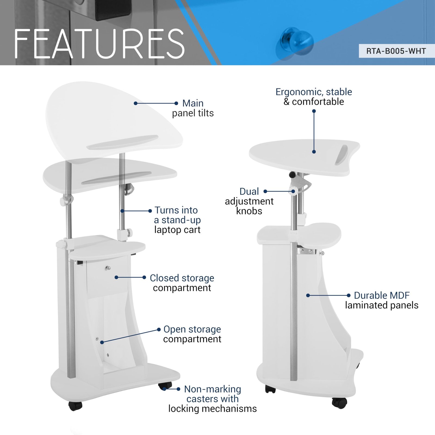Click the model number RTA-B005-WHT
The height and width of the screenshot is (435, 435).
click(x=396, y=51)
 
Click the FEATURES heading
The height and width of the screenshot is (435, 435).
click(x=100, y=44)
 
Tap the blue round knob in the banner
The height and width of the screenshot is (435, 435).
click(x=295, y=41)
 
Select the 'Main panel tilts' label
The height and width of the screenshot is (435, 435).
click(x=193, y=108)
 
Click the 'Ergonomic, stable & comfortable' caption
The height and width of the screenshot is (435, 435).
click(x=314, y=97)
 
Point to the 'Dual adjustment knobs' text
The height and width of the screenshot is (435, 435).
click(x=249, y=201)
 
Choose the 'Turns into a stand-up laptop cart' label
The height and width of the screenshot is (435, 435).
click(x=177, y=220)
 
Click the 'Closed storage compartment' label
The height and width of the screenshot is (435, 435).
click(x=182, y=283)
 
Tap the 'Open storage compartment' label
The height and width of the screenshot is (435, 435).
click(x=192, y=334)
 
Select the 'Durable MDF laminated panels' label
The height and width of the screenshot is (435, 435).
click(x=382, y=300)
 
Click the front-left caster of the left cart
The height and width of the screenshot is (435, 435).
click(x=75, y=406)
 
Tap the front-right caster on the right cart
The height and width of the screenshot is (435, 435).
click(x=339, y=403)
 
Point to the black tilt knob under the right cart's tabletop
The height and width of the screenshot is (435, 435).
click(x=292, y=175)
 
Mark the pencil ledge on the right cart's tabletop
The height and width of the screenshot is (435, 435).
click(x=341, y=155)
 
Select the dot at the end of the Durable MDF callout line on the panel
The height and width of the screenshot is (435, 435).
click(x=308, y=296)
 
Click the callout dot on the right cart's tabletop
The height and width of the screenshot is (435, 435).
click(x=314, y=152)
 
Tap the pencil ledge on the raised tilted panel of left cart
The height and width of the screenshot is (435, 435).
click(x=122, y=142)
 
